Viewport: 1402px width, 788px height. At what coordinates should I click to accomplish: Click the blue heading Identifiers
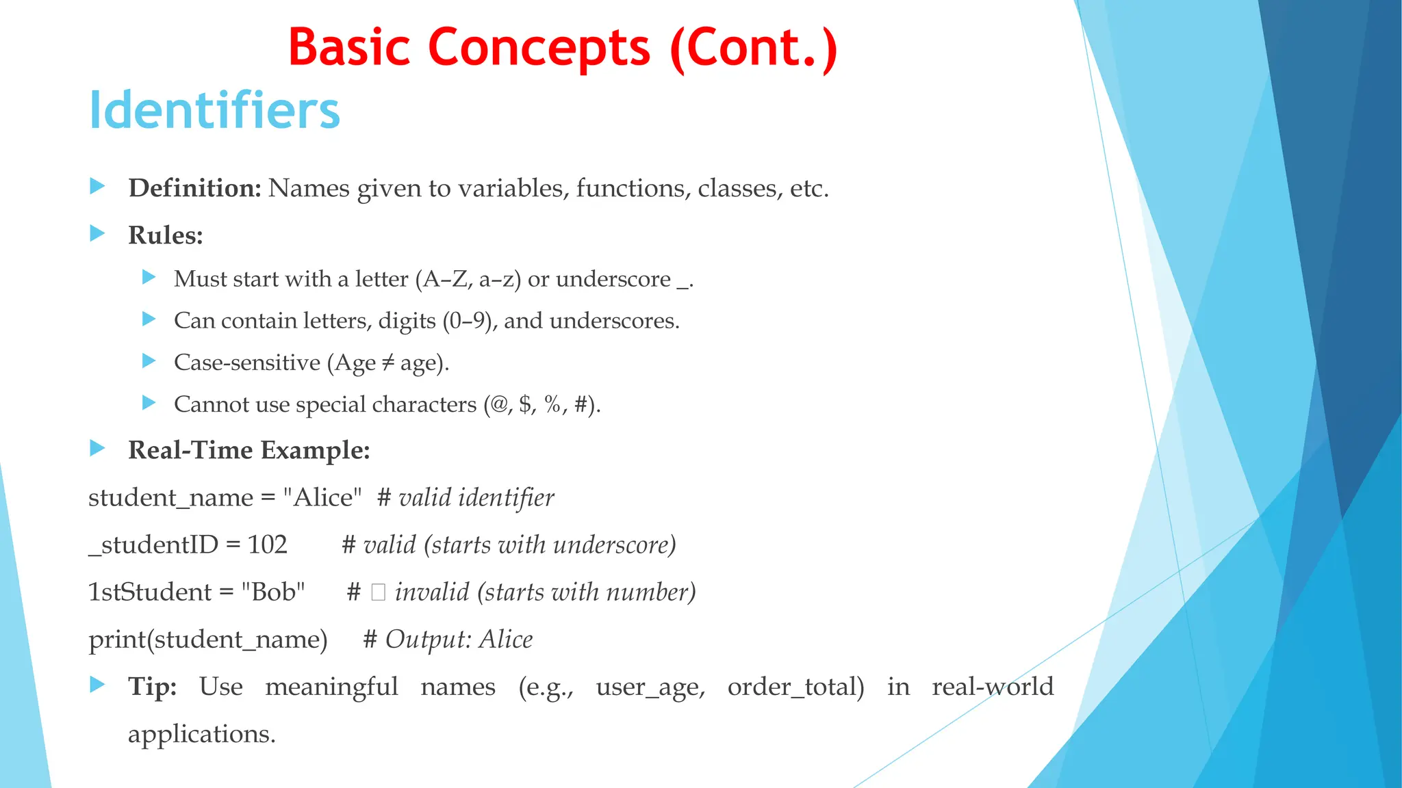click(x=214, y=110)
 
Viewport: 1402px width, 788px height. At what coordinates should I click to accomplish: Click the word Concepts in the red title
click(x=539, y=48)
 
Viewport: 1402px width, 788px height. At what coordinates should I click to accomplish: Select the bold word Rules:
click(x=166, y=235)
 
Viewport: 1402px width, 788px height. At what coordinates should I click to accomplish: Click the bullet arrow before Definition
click(x=97, y=186)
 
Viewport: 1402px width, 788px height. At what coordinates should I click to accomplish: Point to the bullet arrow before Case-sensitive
click(x=149, y=360)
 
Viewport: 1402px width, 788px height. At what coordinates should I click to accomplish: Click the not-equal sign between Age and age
click(x=387, y=363)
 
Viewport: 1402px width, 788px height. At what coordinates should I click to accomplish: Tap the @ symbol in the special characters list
click(x=498, y=404)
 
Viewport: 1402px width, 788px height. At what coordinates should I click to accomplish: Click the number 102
click(x=267, y=544)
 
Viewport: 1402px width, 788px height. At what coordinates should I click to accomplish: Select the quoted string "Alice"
click(x=322, y=497)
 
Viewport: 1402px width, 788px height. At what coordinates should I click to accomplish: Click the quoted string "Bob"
click(x=273, y=592)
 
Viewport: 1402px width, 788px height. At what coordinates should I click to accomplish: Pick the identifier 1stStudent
click(x=150, y=592)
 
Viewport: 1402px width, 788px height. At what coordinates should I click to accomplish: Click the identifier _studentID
click(x=153, y=544)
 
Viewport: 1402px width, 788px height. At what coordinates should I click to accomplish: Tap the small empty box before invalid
click(x=378, y=592)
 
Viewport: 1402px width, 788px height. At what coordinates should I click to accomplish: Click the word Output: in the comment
click(x=429, y=640)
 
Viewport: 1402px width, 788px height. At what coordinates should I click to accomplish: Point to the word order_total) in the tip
click(x=795, y=687)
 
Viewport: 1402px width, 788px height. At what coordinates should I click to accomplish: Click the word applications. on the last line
click(x=201, y=734)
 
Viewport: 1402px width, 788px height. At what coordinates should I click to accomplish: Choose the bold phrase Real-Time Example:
click(x=249, y=450)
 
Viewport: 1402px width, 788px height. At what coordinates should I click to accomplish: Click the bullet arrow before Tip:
click(x=97, y=685)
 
